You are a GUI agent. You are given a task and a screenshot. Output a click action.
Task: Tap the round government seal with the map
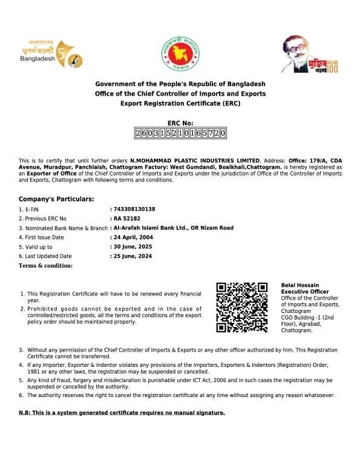[x=180, y=54]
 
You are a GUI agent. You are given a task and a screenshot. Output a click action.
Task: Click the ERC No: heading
[x=180, y=123]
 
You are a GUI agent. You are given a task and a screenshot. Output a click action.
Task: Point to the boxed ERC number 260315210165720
[x=180, y=133]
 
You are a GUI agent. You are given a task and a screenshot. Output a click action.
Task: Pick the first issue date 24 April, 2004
[x=134, y=237]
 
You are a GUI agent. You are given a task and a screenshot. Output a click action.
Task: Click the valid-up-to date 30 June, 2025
[x=134, y=247]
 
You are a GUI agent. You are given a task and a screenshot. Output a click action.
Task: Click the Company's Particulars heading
[x=56, y=199]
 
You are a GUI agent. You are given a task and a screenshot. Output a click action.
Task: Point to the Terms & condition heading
[x=46, y=266]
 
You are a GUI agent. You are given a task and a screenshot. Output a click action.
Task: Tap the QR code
[x=242, y=307]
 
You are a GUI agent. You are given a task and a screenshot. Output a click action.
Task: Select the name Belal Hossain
[x=300, y=285]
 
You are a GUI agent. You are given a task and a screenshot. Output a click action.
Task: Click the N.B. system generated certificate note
[x=122, y=413]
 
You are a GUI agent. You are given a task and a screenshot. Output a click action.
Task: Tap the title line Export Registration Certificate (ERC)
[x=180, y=104]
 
